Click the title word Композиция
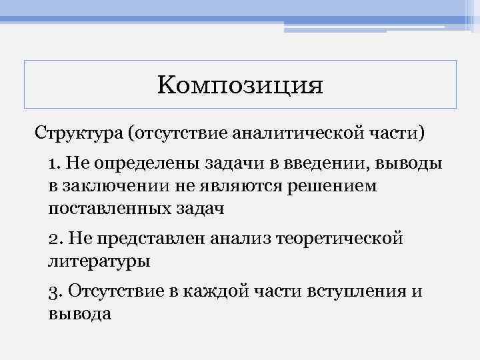coord(240,86)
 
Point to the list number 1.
coord(53,163)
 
